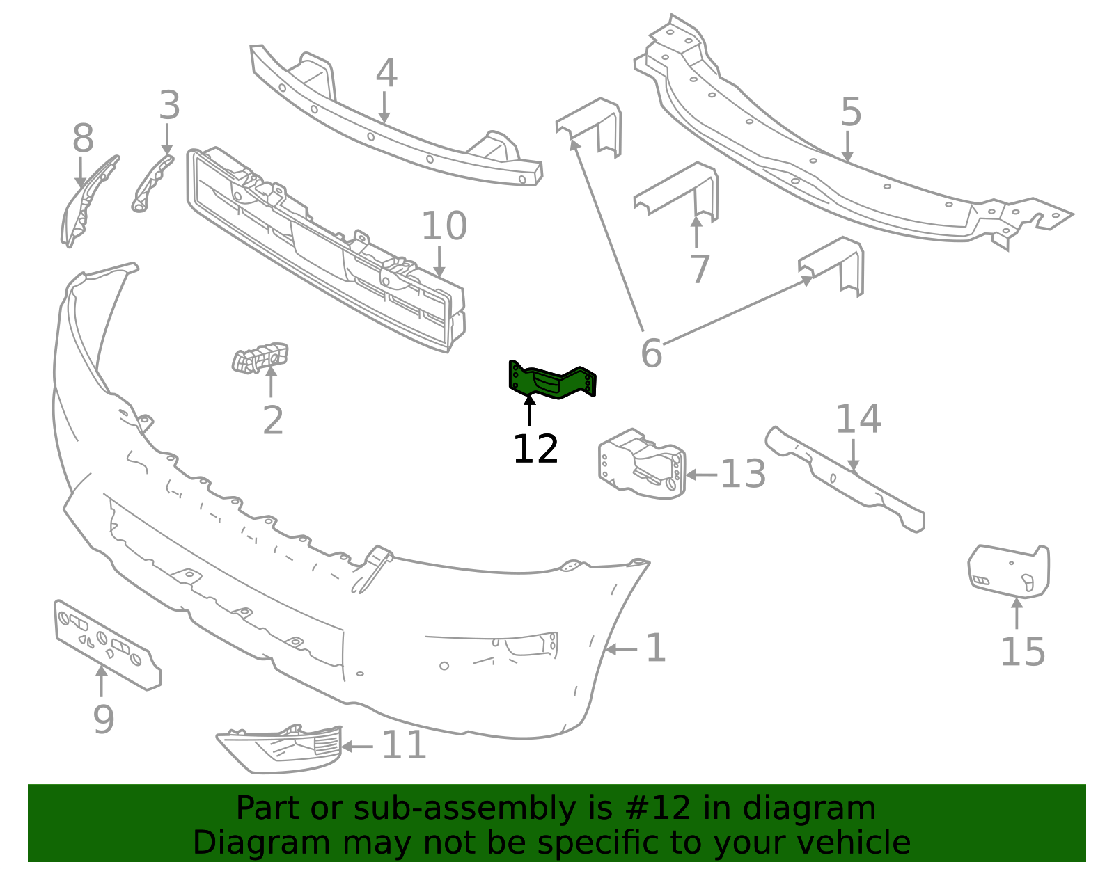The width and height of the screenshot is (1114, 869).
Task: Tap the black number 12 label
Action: [535, 449]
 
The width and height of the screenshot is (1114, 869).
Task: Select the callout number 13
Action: [742, 475]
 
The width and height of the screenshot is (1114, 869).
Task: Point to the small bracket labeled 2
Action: [260, 358]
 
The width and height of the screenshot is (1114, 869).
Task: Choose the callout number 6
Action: [651, 353]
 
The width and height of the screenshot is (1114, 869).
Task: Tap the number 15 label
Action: [1022, 652]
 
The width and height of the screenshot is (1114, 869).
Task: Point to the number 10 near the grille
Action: [444, 226]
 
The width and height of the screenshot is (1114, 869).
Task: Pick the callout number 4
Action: [386, 73]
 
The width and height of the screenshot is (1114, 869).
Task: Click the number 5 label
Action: [851, 112]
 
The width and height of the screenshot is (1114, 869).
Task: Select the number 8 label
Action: [83, 139]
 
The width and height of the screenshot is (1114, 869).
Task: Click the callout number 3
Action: [169, 106]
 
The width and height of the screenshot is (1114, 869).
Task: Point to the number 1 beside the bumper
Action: [656, 648]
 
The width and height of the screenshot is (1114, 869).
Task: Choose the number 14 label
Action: [858, 420]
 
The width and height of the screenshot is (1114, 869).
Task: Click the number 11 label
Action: [404, 745]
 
